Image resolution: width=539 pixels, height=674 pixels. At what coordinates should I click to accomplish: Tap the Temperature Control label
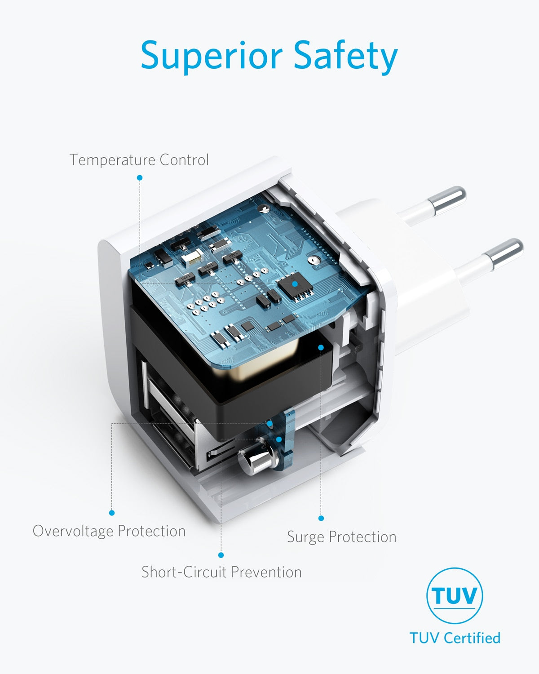coord(139,160)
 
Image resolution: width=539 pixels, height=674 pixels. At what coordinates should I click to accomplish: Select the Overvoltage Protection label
coord(109,531)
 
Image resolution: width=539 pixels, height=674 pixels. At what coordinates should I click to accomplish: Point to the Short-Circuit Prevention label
coord(221,572)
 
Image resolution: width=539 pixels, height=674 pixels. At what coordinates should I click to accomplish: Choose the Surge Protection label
coord(341,537)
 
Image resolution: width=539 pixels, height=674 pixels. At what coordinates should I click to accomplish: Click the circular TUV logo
coord(455,596)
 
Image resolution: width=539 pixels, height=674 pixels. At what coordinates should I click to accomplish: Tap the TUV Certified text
coord(455,638)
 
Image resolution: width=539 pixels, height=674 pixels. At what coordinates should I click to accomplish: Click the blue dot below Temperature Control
coord(140,178)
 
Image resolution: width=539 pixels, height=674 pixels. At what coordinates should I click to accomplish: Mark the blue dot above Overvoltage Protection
coord(112,513)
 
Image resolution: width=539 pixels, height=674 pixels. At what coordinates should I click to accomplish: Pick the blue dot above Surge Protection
coord(321,518)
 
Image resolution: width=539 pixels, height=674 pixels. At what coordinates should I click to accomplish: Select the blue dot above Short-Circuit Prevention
coord(221,555)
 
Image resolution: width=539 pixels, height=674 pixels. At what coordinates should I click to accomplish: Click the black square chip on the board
coord(294,284)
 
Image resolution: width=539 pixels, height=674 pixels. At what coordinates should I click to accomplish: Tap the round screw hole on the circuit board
coord(313,260)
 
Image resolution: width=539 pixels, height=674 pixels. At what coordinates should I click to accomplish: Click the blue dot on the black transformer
coord(321,347)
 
